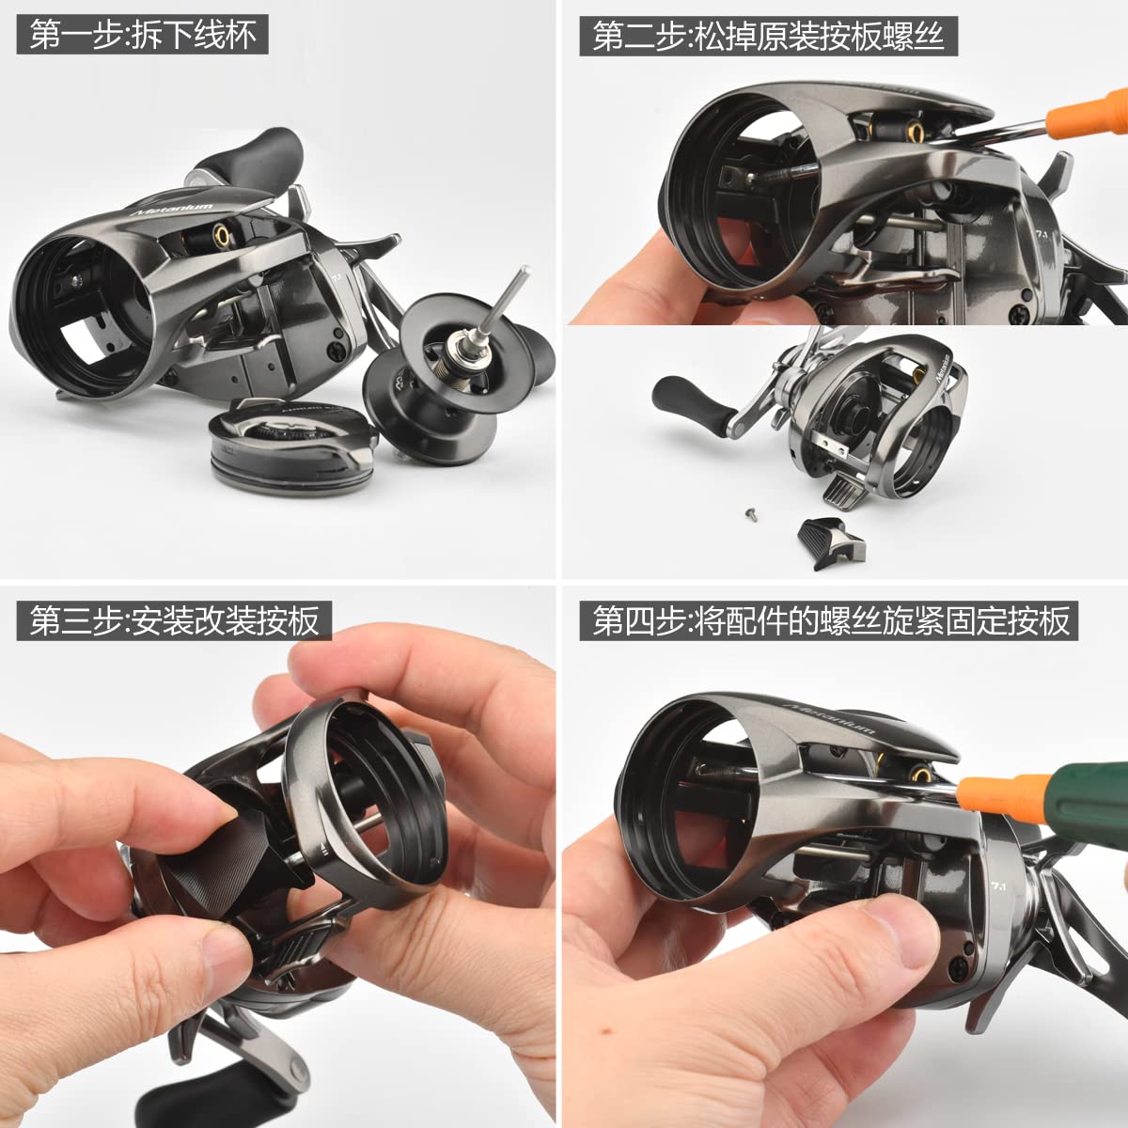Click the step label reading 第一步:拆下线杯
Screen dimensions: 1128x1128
142,36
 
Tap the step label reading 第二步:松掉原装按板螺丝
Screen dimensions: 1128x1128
768,36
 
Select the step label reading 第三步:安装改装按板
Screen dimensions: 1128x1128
174,621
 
